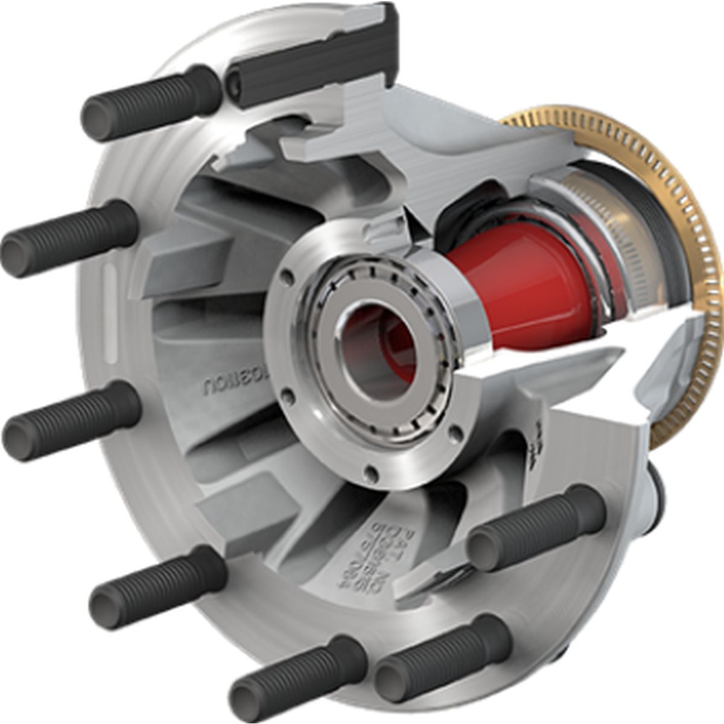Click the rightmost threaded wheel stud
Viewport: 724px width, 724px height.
537,531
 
